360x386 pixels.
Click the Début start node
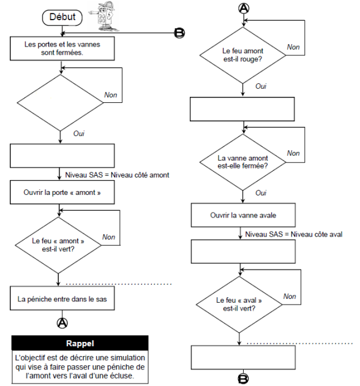coord(62,18)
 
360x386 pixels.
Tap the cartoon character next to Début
coord(104,17)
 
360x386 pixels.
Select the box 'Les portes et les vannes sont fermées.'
coord(62,48)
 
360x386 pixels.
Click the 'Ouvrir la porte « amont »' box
coord(62,192)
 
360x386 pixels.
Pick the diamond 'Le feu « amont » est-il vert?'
coord(58,245)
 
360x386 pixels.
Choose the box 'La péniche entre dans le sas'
coord(62,298)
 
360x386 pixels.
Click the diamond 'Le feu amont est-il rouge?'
coord(243,55)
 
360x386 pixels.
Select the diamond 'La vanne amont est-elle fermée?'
coord(243,162)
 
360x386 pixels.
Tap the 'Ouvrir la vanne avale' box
coord(243,215)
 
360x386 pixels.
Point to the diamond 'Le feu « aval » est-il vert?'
coord(239,305)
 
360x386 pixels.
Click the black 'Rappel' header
coord(80,343)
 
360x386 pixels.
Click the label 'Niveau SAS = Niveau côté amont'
coord(117,175)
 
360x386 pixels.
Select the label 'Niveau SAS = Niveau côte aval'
coord(293,234)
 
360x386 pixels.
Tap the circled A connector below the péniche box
coord(62,323)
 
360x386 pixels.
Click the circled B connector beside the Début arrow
coord(179,33)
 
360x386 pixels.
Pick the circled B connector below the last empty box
coord(243,379)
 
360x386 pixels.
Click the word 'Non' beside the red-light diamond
coord(293,47)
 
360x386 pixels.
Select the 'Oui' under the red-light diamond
coord(261,86)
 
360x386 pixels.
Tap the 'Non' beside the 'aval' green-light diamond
coord(290,296)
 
